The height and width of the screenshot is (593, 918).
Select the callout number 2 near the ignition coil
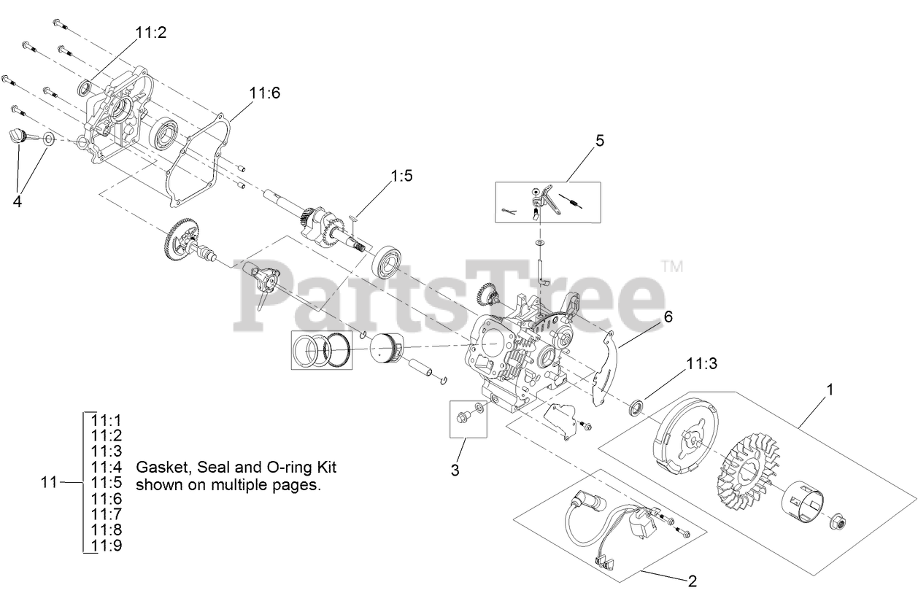pyautogui.click(x=692, y=581)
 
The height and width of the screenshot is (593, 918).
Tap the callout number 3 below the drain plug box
pyautogui.click(x=455, y=470)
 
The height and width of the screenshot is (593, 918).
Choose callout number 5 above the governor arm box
pyautogui.click(x=599, y=141)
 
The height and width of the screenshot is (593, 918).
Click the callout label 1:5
pyautogui.click(x=402, y=176)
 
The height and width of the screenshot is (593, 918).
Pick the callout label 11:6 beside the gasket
pyautogui.click(x=264, y=93)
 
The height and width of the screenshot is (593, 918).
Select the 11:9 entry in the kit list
pyautogui.click(x=107, y=546)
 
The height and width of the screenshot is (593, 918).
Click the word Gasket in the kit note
pyautogui.click(x=158, y=467)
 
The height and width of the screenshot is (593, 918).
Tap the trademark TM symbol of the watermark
pyautogui.click(x=671, y=266)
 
